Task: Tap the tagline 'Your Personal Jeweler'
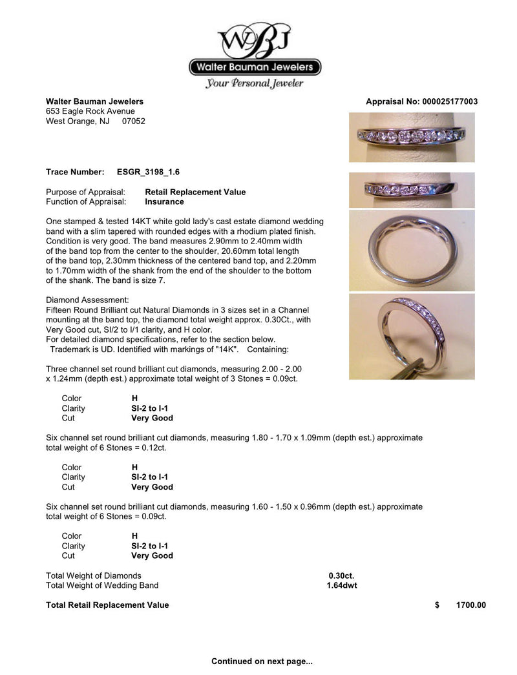(254, 83)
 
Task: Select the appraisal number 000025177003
(450, 102)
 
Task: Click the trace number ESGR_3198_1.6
(148, 172)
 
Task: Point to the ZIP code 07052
(134, 121)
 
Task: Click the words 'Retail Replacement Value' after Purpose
(195, 192)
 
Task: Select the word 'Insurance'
(165, 202)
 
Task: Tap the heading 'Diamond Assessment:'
(87, 300)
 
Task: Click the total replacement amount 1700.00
(470, 605)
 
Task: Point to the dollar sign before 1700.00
(438, 605)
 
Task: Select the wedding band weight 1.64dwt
(342, 586)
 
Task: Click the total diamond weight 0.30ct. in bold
(341, 576)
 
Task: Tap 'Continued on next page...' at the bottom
(262, 661)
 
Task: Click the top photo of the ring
(412, 137)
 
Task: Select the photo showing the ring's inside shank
(412, 250)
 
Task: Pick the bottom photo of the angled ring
(412, 336)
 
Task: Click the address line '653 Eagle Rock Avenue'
(90, 111)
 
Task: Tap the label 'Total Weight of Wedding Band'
(102, 586)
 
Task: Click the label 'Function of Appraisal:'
(85, 202)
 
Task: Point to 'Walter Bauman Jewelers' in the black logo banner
(255, 67)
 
